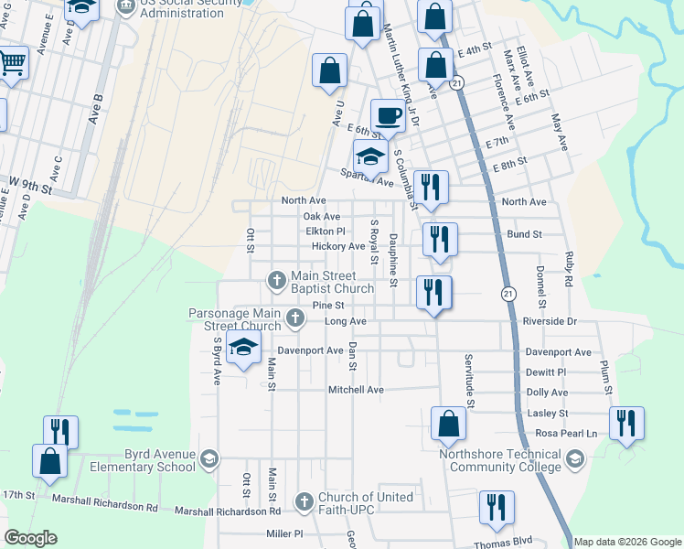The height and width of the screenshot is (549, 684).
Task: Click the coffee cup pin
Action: pos(388,114)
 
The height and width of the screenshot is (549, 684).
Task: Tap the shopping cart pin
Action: pos(11,63)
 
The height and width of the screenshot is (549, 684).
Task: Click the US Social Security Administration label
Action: pos(183,9)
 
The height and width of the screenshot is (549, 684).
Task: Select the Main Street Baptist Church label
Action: pos(332,283)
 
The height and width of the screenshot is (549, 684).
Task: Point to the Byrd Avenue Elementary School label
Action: pos(143,460)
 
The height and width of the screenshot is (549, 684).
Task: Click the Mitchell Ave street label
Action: pos(357,390)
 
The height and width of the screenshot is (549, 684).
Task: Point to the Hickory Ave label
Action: pos(337,247)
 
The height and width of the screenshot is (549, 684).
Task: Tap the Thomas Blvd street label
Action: pos(503,542)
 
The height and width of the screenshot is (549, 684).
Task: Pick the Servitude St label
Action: pos(468,381)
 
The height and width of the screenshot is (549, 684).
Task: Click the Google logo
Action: pos(30,538)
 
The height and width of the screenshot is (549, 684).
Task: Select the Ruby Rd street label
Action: pos(568,268)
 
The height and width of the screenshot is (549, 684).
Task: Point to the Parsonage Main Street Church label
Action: pos(235,320)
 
